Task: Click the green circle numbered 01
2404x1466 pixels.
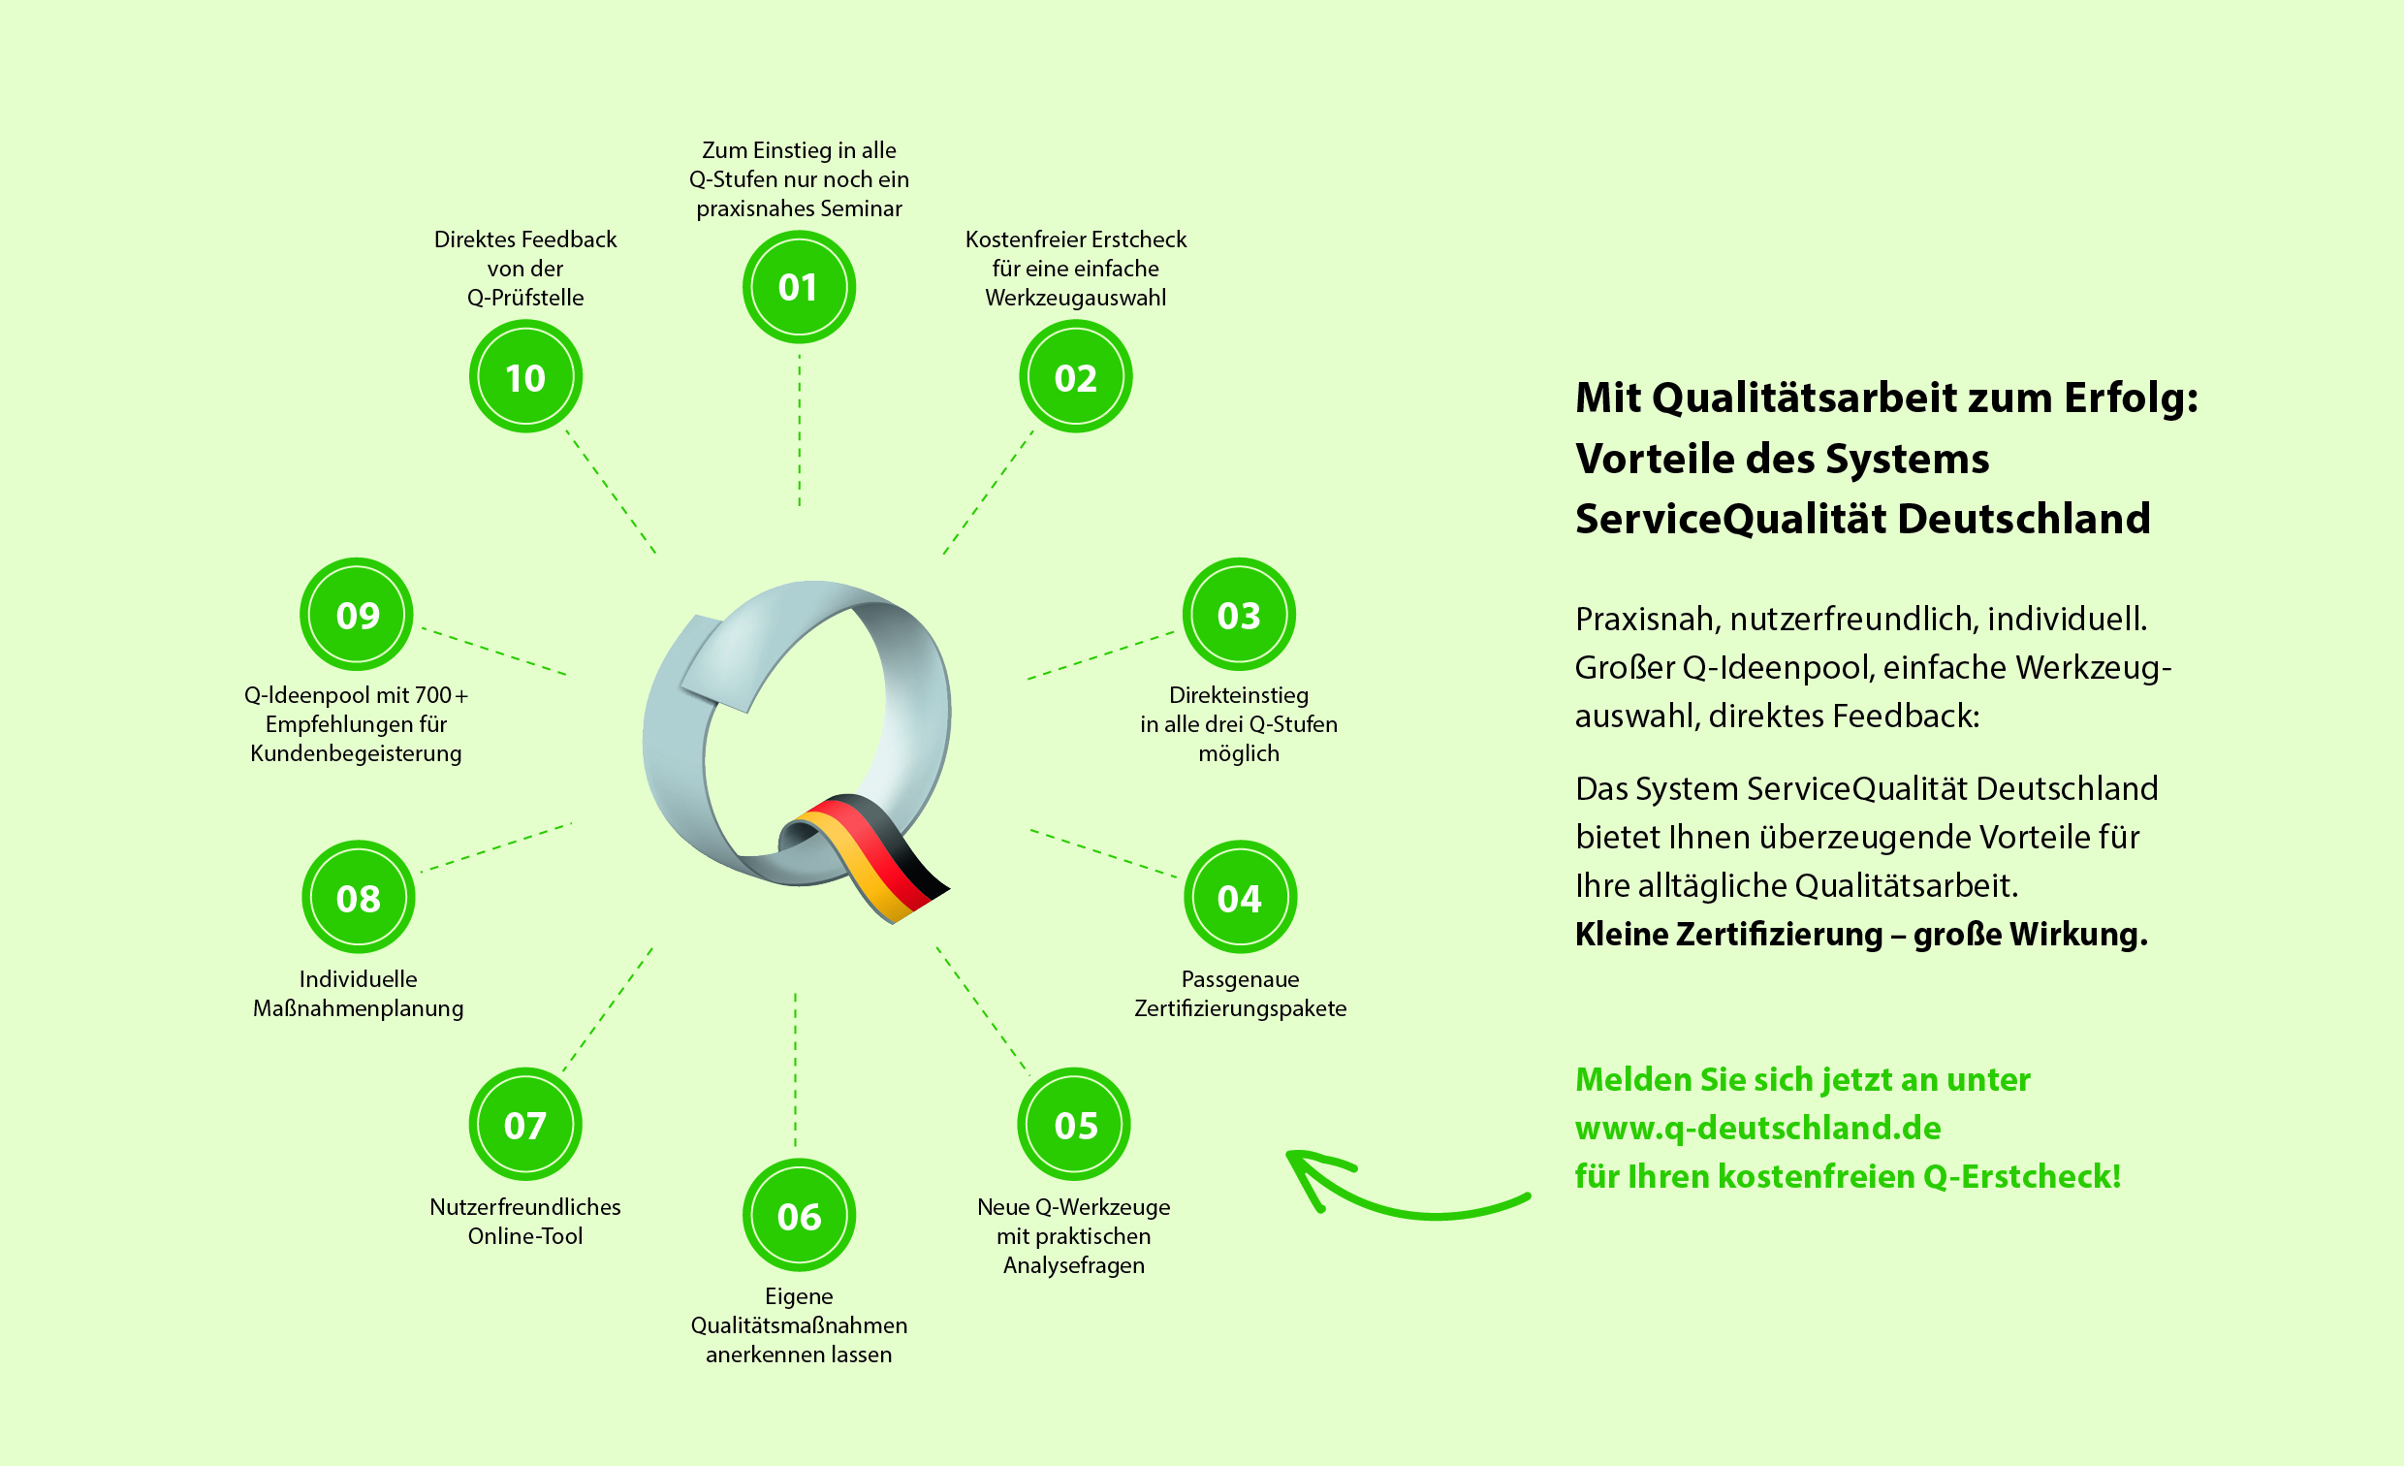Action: click(x=799, y=287)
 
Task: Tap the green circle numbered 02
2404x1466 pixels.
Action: click(x=1075, y=377)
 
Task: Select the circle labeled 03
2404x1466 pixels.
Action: click(x=1239, y=615)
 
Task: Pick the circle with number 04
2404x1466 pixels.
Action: click(x=1240, y=897)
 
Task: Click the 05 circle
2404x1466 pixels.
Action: click(x=1074, y=1125)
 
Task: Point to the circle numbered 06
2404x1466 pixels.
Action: click(x=799, y=1215)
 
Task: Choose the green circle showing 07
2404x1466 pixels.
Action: click(x=524, y=1125)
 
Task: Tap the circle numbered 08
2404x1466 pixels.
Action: click(x=358, y=897)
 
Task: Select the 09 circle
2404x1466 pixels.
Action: click(x=357, y=615)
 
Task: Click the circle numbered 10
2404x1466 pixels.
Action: click(x=524, y=377)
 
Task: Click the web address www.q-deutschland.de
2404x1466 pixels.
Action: click(x=1758, y=1129)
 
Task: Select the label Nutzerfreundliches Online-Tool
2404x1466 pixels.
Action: click(x=524, y=1221)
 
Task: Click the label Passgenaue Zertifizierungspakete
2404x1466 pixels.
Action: click(x=1240, y=994)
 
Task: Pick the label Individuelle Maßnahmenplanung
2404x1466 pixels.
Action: click(x=358, y=994)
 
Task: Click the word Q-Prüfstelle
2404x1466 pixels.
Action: click(x=524, y=298)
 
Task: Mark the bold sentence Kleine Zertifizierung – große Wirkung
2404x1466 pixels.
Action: click(x=1860, y=935)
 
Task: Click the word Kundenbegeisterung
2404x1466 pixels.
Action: click(x=356, y=753)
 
